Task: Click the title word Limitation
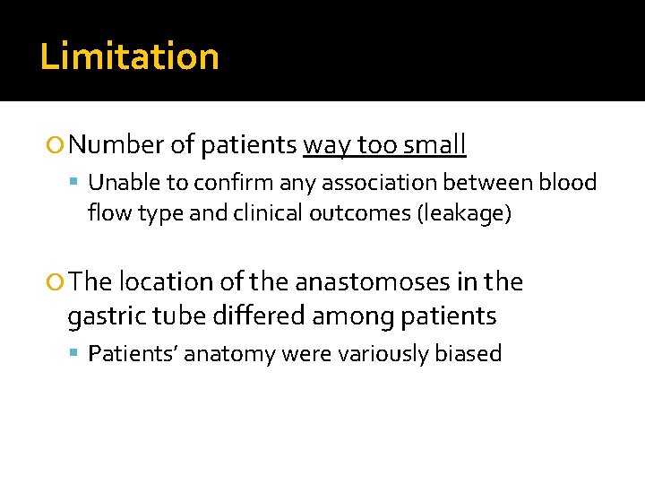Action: click(x=130, y=56)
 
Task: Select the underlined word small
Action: click(x=434, y=144)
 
